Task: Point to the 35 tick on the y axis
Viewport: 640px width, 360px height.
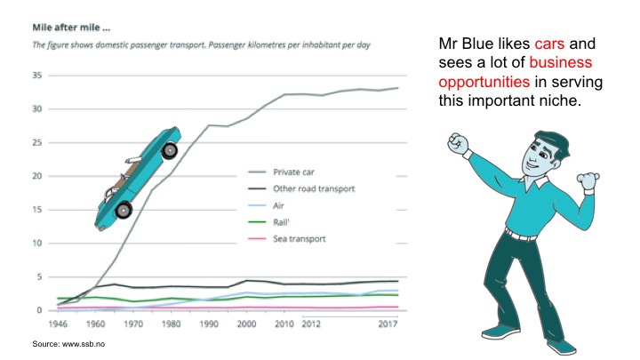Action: coord(36,76)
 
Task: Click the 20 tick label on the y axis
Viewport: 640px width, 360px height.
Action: coord(36,176)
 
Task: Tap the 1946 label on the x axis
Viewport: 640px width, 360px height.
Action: coord(60,324)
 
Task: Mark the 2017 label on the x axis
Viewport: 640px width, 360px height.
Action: coord(388,324)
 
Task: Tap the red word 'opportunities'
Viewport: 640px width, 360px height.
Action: coord(482,83)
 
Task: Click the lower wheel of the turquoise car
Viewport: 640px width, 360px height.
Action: coord(124,210)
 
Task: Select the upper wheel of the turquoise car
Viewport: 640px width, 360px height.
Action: coord(168,151)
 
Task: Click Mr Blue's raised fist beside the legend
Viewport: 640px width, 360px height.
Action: coord(460,143)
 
